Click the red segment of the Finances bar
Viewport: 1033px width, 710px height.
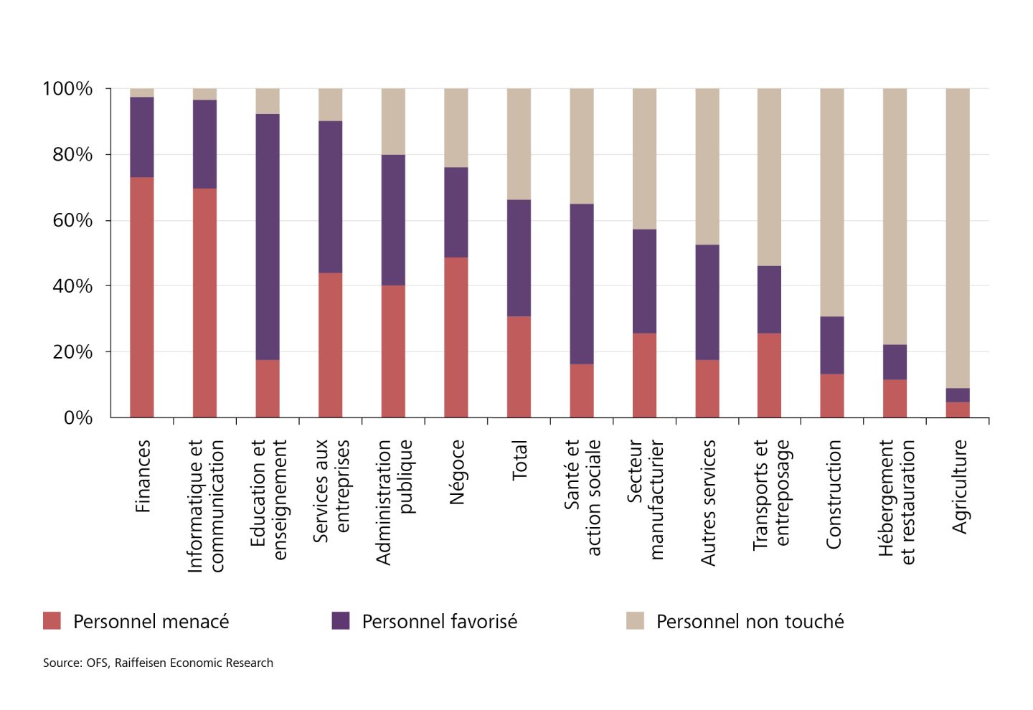point(142,297)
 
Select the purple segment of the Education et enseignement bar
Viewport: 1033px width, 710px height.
point(268,237)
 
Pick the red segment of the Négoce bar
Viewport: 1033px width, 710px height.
point(456,337)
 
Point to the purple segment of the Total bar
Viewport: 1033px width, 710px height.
point(519,258)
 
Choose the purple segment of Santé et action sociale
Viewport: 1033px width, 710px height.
point(582,284)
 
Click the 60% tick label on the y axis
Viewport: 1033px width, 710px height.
point(72,220)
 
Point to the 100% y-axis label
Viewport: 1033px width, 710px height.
point(67,89)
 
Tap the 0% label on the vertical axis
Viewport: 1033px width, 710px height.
point(78,417)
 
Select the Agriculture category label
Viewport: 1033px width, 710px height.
point(959,487)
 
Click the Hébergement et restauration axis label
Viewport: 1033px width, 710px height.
point(897,502)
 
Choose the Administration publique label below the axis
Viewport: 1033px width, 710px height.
point(394,502)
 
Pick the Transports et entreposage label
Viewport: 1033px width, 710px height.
point(771,495)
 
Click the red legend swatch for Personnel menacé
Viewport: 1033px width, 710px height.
point(52,620)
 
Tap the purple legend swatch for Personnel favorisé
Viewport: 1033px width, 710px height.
point(341,620)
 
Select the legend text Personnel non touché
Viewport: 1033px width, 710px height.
point(750,621)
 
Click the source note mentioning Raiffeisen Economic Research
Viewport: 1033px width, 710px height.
point(158,663)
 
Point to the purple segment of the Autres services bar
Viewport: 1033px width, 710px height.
point(707,302)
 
